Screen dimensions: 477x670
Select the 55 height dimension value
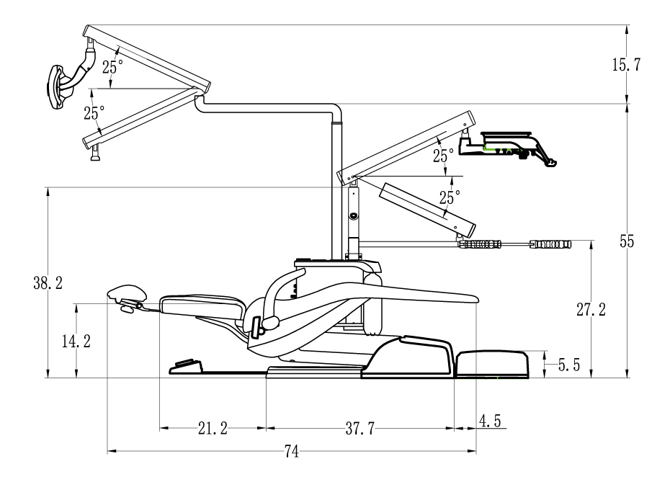(x=627, y=242)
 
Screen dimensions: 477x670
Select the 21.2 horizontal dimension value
(x=213, y=429)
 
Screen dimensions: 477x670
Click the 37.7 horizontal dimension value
(x=359, y=429)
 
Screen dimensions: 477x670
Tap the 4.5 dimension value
(x=490, y=420)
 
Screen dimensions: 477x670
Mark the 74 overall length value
(x=292, y=452)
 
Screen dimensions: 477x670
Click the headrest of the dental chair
(x=127, y=293)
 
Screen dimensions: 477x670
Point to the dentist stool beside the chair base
(x=499, y=363)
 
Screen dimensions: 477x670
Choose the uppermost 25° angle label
(x=112, y=68)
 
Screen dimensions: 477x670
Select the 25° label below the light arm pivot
(x=94, y=112)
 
